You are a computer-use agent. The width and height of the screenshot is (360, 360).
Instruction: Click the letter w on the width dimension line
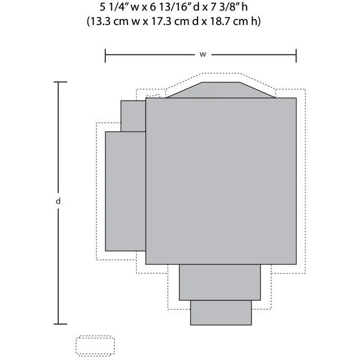[x=203, y=55]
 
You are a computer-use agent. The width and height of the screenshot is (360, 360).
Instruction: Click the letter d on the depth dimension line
[x=58, y=201]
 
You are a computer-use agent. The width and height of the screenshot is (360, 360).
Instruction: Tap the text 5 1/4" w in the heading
[x=120, y=7]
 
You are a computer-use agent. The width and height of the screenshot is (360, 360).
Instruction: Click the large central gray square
[x=221, y=181]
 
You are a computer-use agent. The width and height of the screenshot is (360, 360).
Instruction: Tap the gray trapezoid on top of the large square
[x=221, y=90]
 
